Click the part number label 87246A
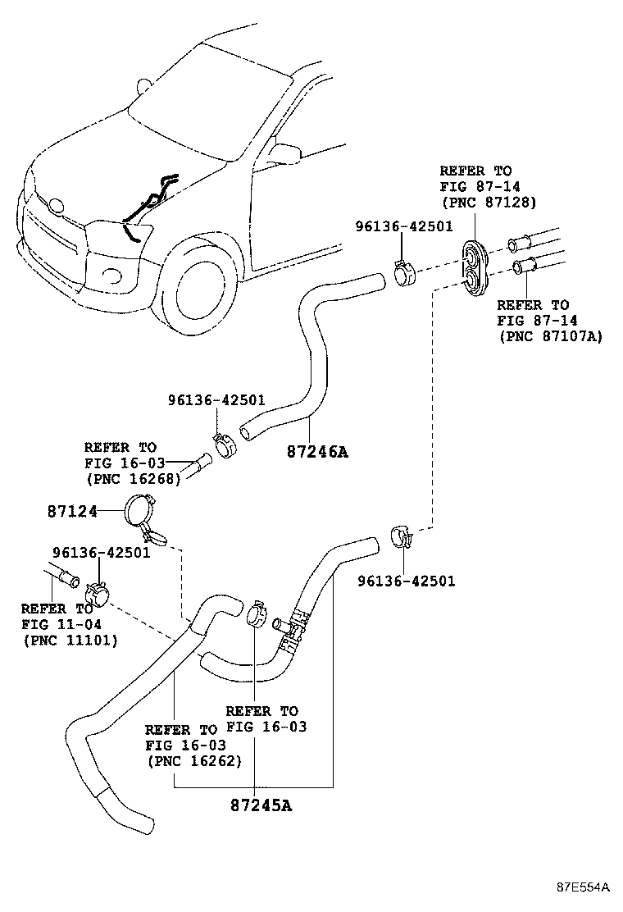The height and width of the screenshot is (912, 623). coord(317,451)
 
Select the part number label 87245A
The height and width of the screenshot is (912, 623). coord(261,805)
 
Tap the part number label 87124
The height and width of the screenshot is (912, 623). coord(72,511)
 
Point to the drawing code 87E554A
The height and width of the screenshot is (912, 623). coord(583,887)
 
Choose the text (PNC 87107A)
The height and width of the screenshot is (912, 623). coord(549,336)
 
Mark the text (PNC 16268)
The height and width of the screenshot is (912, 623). coord(133,479)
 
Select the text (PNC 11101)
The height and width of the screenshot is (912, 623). coord(70,640)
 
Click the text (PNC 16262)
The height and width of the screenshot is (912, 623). coord(193,760)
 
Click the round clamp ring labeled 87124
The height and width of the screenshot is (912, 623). coord(140,513)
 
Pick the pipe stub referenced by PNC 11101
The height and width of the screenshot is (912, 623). coord(65,575)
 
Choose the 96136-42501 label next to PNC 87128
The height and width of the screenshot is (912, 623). coord(403,226)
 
